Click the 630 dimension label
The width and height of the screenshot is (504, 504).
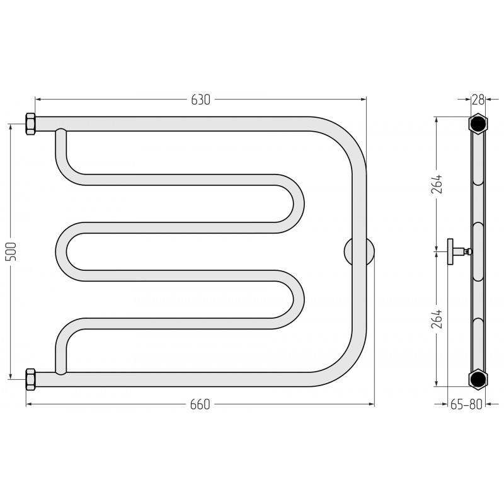[x=200, y=100]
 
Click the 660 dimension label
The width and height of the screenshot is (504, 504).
[x=200, y=404]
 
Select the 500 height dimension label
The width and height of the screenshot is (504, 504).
[x=11, y=251]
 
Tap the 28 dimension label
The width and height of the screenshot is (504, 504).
[x=478, y=100]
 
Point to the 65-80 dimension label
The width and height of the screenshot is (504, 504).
[x=466, y=404]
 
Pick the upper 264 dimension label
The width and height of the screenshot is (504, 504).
[x=437, y=184]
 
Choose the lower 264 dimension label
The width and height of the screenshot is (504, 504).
[x=437, y=319]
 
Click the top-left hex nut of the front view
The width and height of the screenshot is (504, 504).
[x=30, y=124]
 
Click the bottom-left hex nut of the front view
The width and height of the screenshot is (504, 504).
[x=30, y=379]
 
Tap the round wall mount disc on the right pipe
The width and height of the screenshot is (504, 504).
[x=359, y=251]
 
